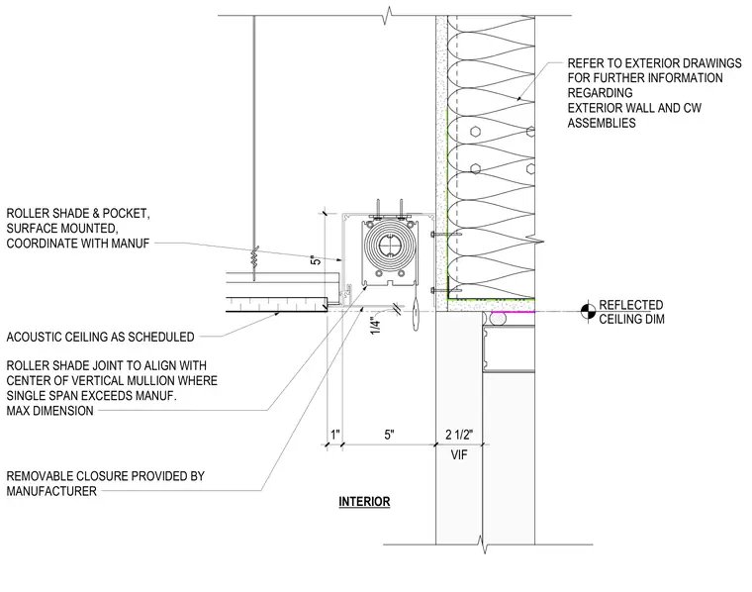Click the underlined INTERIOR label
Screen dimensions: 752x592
tap(364, 502)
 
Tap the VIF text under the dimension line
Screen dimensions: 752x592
tap(459, 454)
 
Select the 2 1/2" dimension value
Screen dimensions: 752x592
tap(459, 435)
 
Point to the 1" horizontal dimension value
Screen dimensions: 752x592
tap(335, 435)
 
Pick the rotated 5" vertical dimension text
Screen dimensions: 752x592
tap(315, 260)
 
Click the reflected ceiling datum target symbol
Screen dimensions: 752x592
tap(589, 312)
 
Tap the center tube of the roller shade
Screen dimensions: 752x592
tap(390, 246)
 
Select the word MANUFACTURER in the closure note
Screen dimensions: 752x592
tap(51, 491)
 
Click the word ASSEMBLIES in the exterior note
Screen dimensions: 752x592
tap(602, 123)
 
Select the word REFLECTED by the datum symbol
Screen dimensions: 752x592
tap(631, 305)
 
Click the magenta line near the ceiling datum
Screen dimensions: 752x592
tap(514, 312)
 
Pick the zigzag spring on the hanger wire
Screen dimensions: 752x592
tap(254, 263)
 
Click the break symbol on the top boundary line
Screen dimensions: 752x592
tap(388, 15)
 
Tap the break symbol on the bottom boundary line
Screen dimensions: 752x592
tap(484, 544)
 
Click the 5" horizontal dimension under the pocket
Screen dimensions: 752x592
tap(389, 435)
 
